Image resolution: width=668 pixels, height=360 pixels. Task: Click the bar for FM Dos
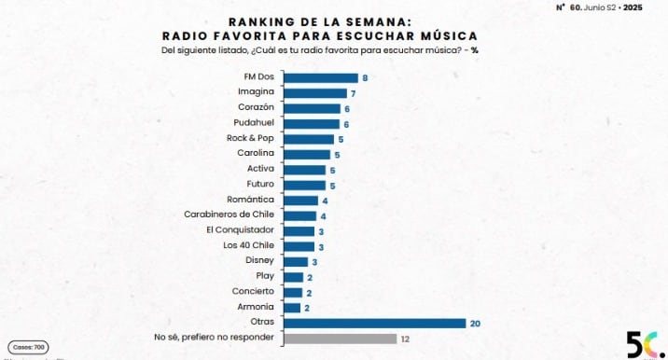(320, 78)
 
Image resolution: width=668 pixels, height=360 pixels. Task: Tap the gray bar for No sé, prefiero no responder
(340, 339)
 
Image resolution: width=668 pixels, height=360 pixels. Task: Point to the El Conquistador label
(240, 230)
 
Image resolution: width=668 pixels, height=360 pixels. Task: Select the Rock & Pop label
(250, 139)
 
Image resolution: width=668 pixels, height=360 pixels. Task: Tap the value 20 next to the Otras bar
(476, 323)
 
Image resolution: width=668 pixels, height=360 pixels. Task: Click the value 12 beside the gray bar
(405, 339)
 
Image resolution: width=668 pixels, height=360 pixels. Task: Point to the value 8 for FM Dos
(365, 78)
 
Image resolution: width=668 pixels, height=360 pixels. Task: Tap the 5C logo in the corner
(637, 343)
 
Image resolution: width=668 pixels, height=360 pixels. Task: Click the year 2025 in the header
(633, 7)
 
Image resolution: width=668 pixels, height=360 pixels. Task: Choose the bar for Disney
(295, 261)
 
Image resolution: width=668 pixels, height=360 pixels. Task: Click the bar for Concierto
(292, 292)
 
